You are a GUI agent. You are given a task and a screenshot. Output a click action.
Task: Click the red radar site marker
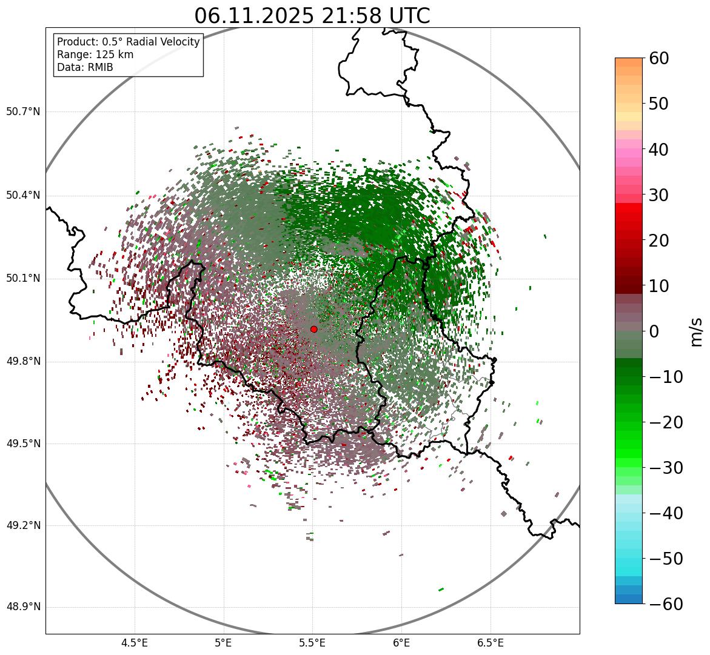click(x=313, y=329)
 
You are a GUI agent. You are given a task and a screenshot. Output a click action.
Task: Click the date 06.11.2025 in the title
click(x=253, y=16)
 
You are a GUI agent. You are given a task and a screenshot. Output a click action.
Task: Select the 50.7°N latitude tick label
click(x=23, y=112)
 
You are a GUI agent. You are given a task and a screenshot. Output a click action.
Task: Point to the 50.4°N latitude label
click(x=23, y=195)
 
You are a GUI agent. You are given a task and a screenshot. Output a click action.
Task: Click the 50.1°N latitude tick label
click(x=23, y=279)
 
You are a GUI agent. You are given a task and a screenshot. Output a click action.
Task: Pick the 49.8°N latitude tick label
click(x=23, y=362)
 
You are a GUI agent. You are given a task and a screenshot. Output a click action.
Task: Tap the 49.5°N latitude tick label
click(x=23, y=444)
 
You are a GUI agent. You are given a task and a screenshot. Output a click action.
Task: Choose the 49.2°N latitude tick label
click(x=23, y=525)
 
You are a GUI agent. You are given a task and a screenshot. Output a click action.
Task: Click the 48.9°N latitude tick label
click(x=23, y=607)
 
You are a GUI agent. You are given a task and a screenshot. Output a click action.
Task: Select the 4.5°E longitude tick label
click(x=135, y=643)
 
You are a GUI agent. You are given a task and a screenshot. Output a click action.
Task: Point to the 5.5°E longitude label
click(x=312, y=643)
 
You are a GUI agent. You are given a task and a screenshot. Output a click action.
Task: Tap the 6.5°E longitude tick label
click(x=490, y=643)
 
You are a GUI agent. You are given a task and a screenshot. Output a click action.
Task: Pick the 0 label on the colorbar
click(x=654, y=331)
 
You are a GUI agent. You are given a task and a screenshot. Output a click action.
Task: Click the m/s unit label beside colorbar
click(x=696, y=331)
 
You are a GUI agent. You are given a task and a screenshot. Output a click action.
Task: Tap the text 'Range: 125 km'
click(x=95, y=55)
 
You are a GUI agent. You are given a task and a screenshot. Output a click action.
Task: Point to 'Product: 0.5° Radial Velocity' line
click(x=128, y=42)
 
